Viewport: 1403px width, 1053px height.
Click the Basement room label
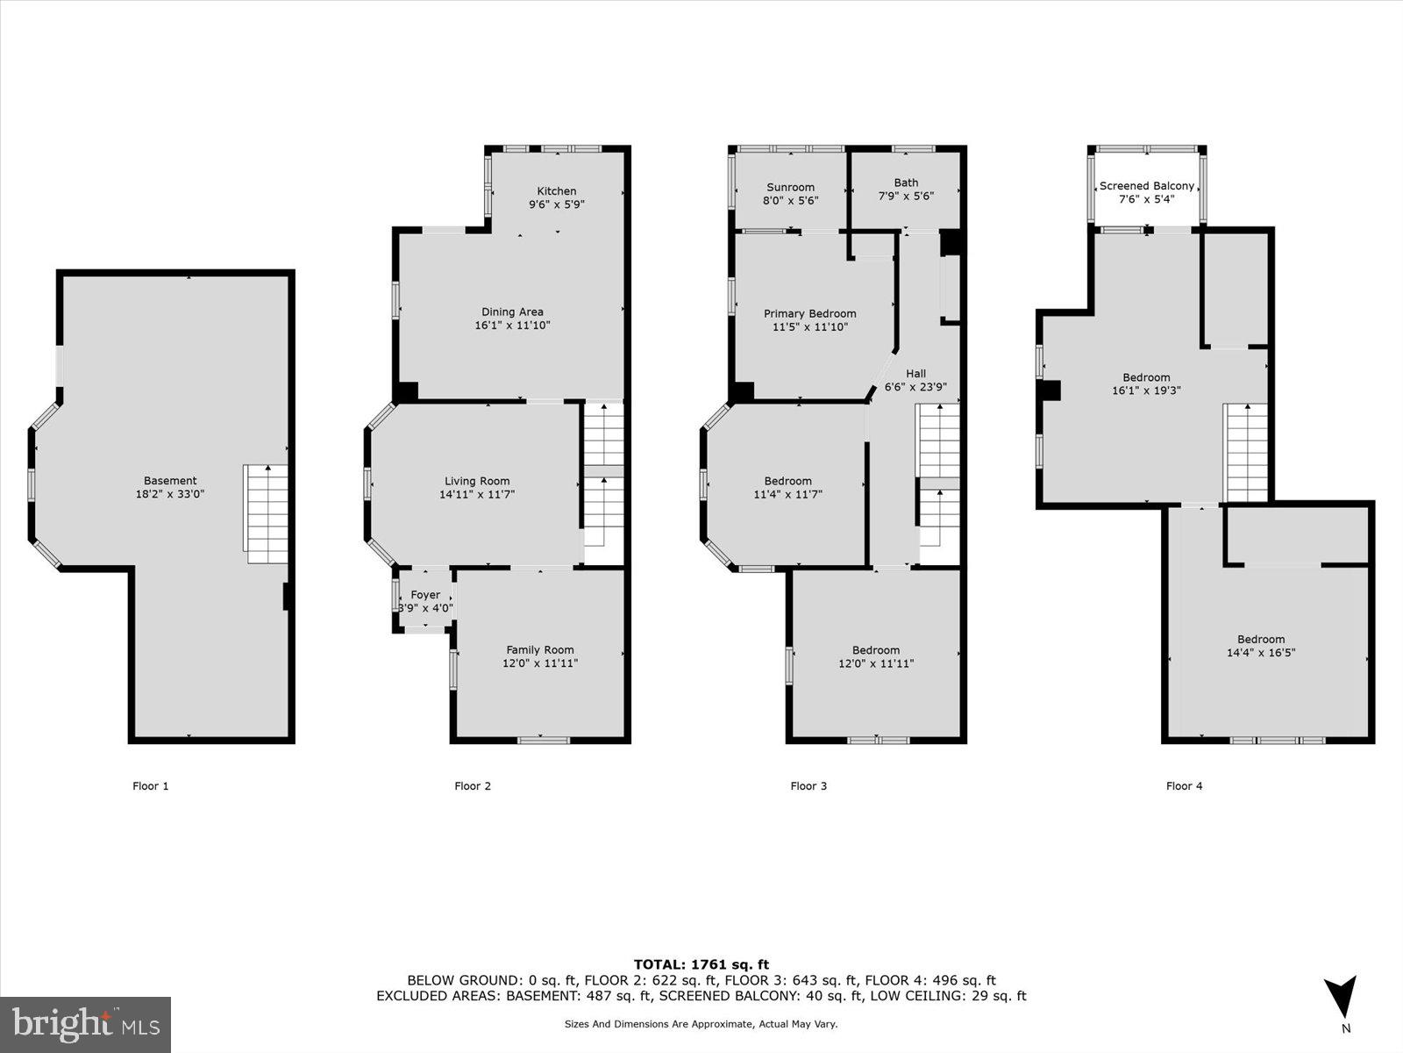click(170, 481)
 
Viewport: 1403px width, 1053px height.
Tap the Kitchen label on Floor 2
click(557, 191)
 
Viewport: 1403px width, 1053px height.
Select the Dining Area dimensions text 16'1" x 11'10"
click(512, 326)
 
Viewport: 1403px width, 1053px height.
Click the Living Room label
click(476, 481)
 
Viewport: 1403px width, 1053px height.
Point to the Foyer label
click(425, 595)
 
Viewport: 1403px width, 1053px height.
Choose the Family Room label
click(539, 650)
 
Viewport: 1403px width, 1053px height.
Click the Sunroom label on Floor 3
click(790, 187)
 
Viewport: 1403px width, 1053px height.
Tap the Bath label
click(906, 183)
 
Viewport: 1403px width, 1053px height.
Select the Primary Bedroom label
click(809, 313)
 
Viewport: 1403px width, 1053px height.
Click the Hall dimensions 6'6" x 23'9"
click(915, 387)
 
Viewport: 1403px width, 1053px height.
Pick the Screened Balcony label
click(1146, 186)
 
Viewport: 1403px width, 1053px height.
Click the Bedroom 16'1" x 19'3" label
click(1146, 378)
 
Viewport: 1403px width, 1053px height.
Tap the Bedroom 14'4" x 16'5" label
click(1261, 640)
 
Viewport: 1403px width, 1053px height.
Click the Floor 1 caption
click(150, 786)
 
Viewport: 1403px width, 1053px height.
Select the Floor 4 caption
click(1184, 786)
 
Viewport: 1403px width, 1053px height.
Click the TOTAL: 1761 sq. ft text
click(701, 964)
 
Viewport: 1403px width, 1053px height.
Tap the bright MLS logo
click(86, 1024)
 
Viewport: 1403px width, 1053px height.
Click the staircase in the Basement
click(267, 513)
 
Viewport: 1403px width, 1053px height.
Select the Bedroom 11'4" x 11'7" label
click(787, 481)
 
